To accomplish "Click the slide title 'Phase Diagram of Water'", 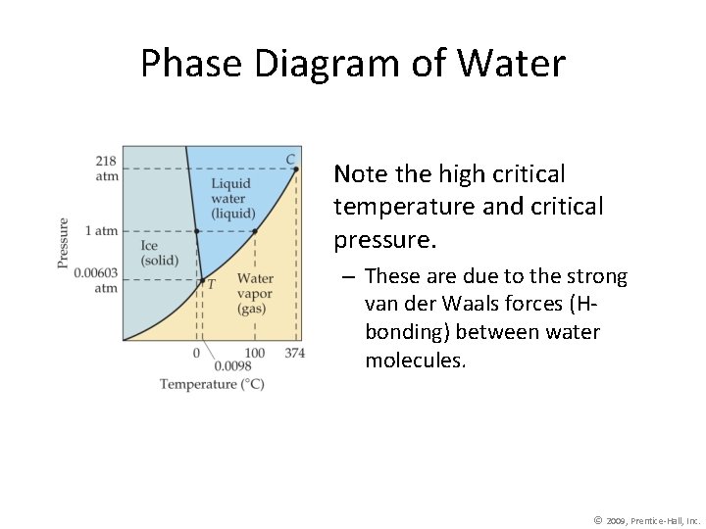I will coord(353,64).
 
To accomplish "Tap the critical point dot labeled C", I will coord(295,169).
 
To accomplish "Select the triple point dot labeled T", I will coord(202,281).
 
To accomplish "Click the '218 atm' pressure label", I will coord(106,168).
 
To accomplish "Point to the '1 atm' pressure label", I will coord(101,231).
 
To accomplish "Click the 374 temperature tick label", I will coord(295,353).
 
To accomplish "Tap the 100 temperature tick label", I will coord(255,353).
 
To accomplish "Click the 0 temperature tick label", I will coord(196,353).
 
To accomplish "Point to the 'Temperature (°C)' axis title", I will coord(212,384).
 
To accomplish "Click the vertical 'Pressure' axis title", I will coord(64,243).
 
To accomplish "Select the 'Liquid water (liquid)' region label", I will coord(231,198).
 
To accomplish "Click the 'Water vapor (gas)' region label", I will coord(256,294).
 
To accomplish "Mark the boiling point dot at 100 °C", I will coord(255,232).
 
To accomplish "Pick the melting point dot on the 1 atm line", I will coord(196,232).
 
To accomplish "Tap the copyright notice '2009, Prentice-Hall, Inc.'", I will coord(653,521).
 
